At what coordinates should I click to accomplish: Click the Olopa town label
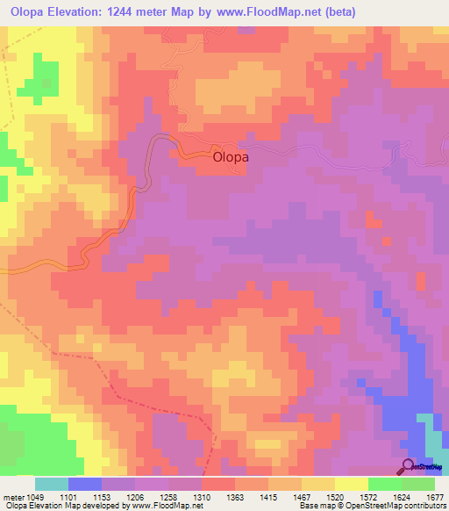coord(232,158)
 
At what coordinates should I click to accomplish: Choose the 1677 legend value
coord(435,497)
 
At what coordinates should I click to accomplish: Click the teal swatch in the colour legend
coord(52,484)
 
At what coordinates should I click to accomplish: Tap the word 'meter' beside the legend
coord(12,497)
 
